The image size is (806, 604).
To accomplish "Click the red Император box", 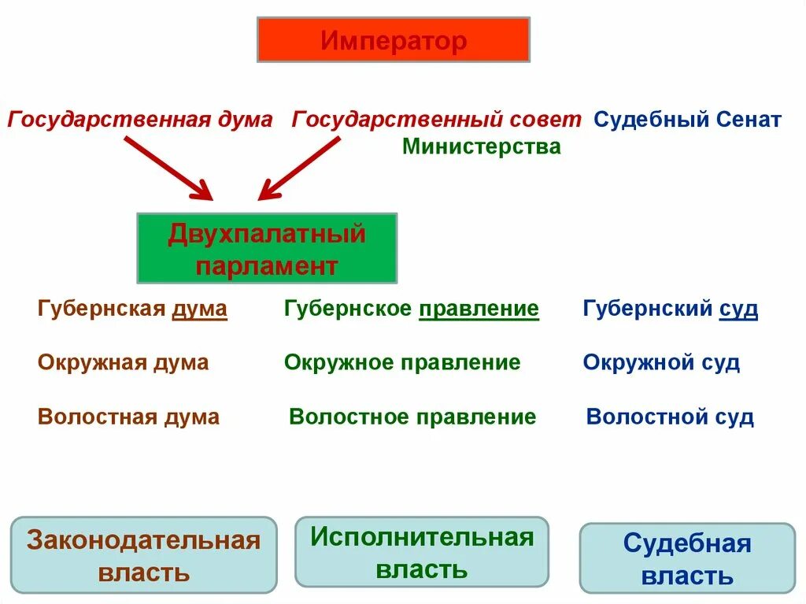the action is click(393, 40).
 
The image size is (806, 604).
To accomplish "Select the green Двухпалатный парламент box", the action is click(267, 248).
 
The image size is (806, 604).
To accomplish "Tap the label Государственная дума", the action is click(140, 120).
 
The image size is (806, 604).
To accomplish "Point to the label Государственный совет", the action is click(437, 120).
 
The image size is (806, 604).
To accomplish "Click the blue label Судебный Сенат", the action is click(687, 120).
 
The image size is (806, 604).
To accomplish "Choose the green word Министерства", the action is click(481, 146).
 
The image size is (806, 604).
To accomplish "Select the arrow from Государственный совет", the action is click(300, 167).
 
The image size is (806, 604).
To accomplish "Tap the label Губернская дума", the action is click(132, 309).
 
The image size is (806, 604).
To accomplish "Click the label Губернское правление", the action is click(412, 309).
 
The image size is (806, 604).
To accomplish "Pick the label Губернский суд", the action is click(670, 309).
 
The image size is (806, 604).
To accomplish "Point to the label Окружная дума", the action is click(123, 362).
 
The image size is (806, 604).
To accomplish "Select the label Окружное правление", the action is click(402, 362).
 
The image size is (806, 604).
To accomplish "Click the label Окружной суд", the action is click(661, 362).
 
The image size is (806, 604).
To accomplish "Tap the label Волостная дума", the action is click(128, 417).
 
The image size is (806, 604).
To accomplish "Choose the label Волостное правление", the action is click(412, 417).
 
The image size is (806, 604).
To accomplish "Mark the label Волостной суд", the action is click(670, 417).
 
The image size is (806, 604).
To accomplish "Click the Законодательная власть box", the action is click(143, 555).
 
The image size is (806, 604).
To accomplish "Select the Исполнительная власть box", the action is click(421, 552).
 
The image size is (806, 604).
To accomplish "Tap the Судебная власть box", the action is click(687, 558).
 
